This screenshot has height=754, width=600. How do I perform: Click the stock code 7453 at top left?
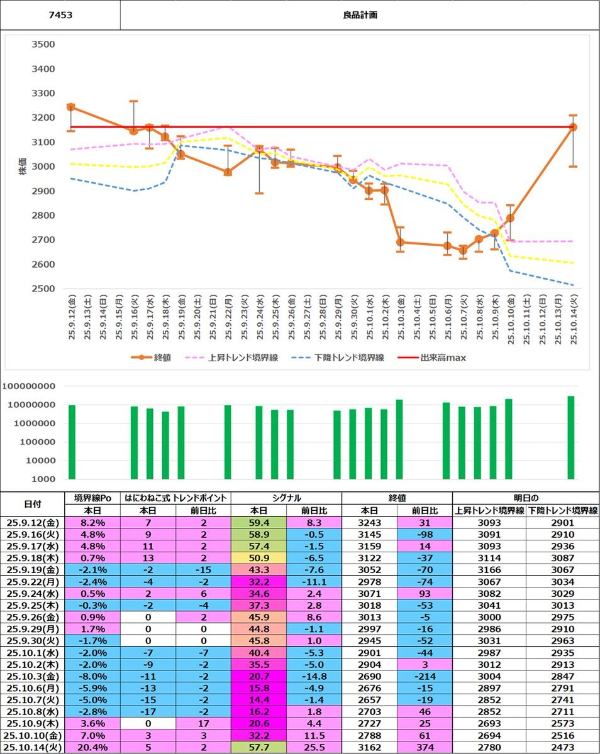point(60,14)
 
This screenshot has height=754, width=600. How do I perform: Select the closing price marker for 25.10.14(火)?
point(573,127)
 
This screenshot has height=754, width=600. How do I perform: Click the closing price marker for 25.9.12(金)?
point(71,107)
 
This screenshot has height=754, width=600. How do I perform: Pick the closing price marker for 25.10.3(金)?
point(401,243)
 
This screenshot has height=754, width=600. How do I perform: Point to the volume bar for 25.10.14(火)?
point(571,437)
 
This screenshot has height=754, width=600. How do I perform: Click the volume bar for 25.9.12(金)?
point(72,442)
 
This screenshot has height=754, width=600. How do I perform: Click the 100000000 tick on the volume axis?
point(29,386)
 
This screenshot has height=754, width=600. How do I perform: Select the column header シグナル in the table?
point(286,498)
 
